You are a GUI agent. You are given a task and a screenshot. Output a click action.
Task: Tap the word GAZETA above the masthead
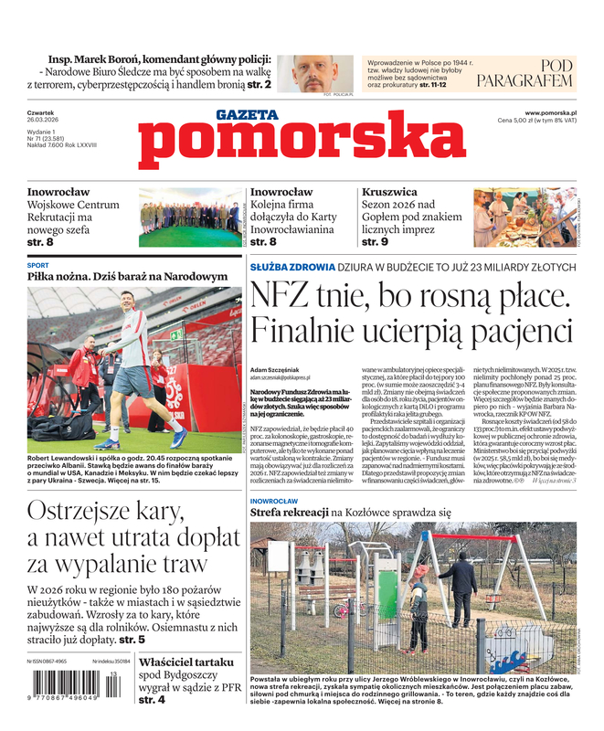247,115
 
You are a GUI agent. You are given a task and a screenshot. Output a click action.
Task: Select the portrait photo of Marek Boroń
308,72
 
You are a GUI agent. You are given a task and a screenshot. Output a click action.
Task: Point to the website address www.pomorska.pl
555,111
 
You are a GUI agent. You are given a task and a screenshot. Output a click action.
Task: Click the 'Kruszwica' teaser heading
389,192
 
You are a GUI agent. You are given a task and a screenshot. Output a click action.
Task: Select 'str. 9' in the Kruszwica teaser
375,242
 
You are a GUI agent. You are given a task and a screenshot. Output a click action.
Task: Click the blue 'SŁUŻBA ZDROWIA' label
284,267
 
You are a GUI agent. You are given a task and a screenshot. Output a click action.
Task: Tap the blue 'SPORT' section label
38,265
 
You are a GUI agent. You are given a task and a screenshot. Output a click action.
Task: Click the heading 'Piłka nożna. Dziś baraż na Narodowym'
127,276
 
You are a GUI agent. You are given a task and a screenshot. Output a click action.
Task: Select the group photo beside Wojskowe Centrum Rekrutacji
188,217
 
